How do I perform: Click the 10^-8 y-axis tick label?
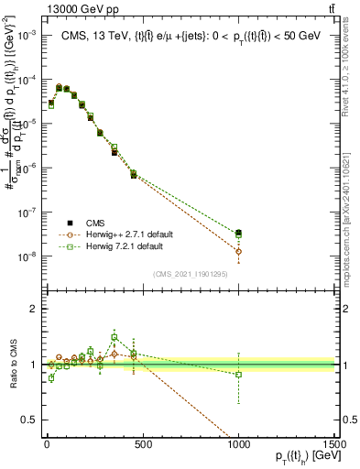pyautogui.click(x=27, y=257)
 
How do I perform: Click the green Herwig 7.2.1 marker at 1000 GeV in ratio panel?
pyautogui.click(x=238, y=374)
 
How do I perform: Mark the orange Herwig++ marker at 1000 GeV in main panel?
pyautogui.click(x=238, y=251)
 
